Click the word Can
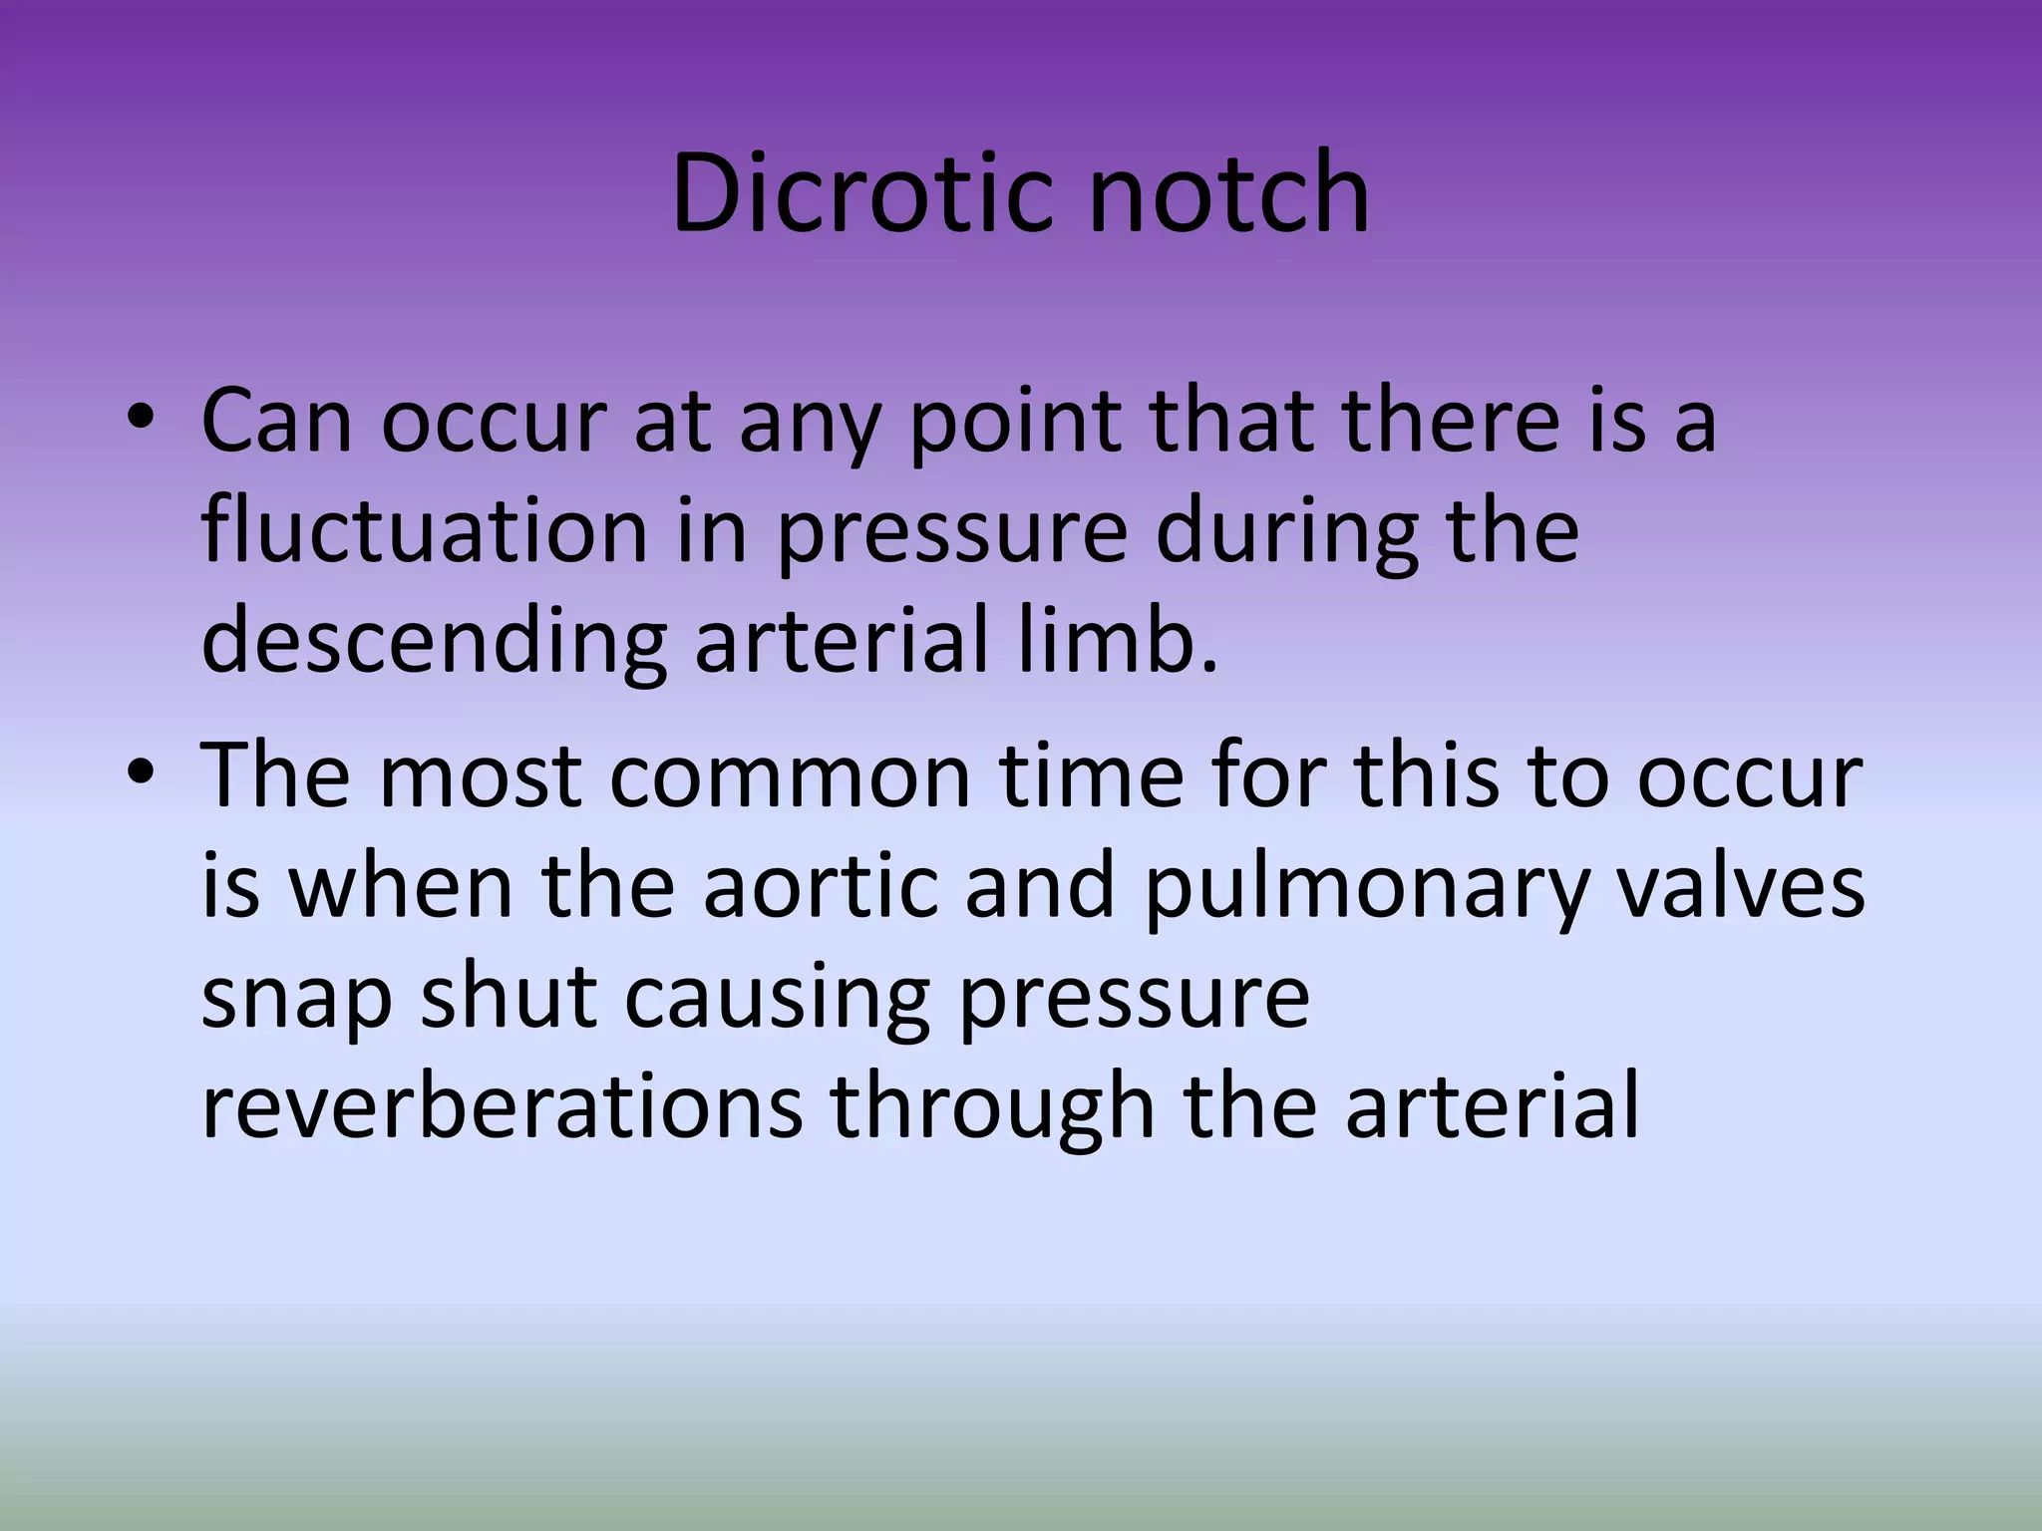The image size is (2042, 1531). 276,421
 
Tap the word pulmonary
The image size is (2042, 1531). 1364,887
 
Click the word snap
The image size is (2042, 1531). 296,997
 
